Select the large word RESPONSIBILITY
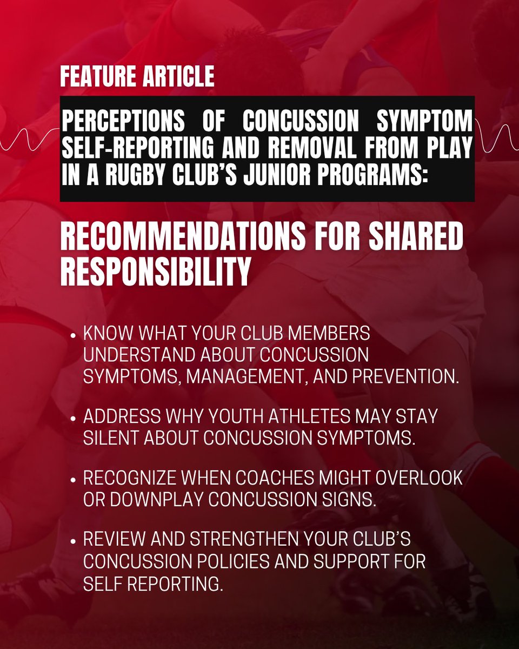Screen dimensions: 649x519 pyautogui.click(x=155, y=272)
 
